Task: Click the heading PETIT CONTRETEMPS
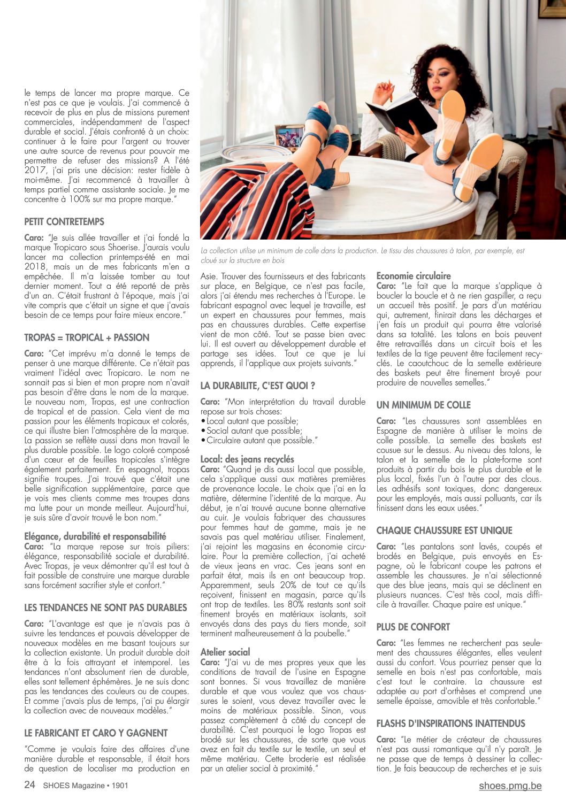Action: (x=64, y=221)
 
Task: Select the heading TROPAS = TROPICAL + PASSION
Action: (x=87, y=337)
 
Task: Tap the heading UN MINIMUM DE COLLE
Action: (x=424, y=405)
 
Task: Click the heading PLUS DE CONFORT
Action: (x=413, y=627)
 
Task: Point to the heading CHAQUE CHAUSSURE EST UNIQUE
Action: (x=444, y=530)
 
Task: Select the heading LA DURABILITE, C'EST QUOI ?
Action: (x=257, y=385)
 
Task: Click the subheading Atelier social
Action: (x=225, y=652)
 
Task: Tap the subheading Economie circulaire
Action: (x=414, y=276)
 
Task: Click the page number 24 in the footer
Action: (x=30, y=785)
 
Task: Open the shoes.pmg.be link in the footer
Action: (x=510, y=786)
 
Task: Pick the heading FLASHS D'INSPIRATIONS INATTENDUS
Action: (x=450, y=724)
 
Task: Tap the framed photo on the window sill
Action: (x=290, y=137)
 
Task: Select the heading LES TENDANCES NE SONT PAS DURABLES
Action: (x=105, y=607)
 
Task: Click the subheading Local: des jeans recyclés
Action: (x=247, y=459)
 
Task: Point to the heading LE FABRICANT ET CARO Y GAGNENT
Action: (x=96, y=733)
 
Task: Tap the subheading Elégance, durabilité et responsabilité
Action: (x=95, y=536)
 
